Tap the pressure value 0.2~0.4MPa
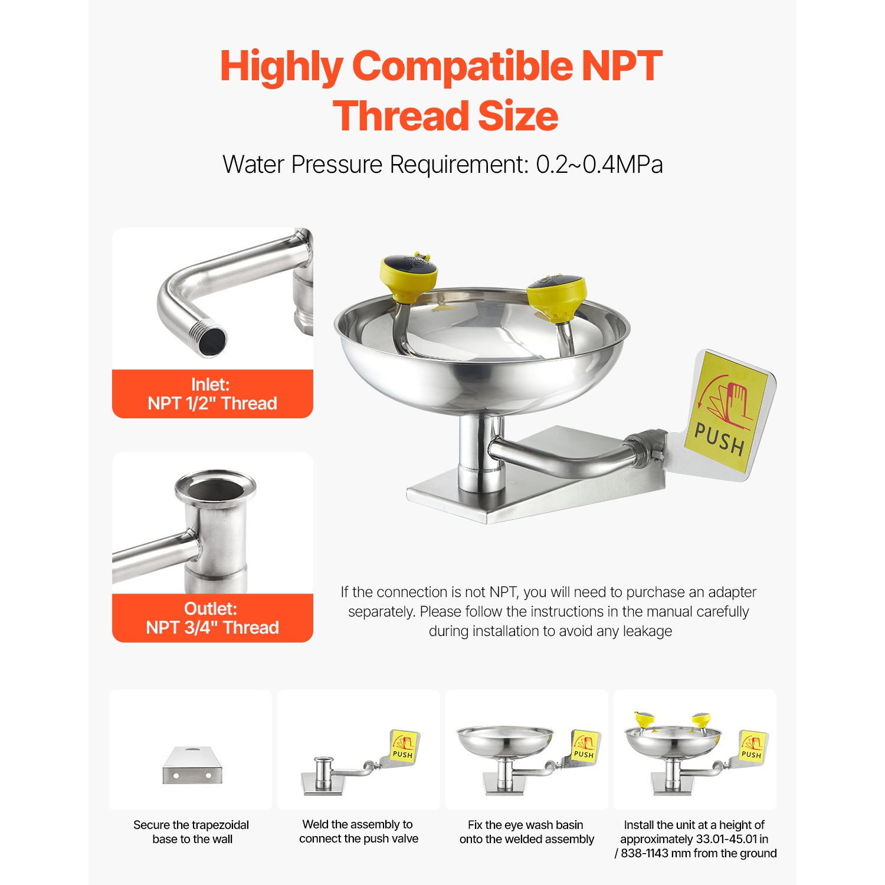tap(599, 165)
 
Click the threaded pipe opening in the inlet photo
tap(211, 340)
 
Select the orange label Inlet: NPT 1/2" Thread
tap(212, 394)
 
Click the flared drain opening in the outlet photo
tap(215, 488)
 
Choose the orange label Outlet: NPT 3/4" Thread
tap(212, 618)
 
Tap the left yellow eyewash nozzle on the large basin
tap(409, 275)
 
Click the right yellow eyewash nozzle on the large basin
tap(558, 297)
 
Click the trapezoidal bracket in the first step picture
tap(192, 765)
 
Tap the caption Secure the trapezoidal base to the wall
tap(192, 832)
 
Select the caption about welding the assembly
tap(359, 831)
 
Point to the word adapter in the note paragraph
tap(732, 592)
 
